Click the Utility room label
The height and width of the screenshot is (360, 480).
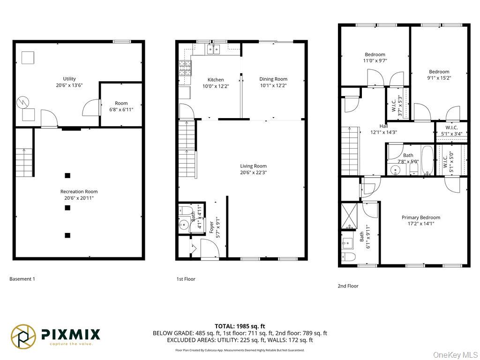tap(69, 79)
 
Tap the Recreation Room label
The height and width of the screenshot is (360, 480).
tap(79, 192)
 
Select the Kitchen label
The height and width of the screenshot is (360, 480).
tap(216, 80)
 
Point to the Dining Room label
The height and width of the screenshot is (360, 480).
tap(273, 79)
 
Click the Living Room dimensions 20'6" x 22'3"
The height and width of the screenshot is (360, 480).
tap(253, 172)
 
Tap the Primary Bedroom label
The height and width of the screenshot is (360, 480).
tap(421, 217)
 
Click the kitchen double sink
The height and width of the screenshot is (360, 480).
tap(214, 49)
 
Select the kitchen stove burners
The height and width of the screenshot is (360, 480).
tap(185, 68)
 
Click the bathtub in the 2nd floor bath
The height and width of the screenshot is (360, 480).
tap(427, 160)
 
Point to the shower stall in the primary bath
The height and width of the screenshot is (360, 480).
tap(349, 216)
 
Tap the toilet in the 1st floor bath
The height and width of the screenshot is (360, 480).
tap(185, 210)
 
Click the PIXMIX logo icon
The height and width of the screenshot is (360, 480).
tap(23, 337)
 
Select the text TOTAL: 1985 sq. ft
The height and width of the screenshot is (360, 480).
tap(240, 326)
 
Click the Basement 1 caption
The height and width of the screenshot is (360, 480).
tap(22, 279)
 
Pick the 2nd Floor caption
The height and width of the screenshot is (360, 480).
tap(348, 286)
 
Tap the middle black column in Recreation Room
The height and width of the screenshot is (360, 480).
tap(67, 208)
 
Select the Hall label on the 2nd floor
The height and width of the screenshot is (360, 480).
tap(383, 126)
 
